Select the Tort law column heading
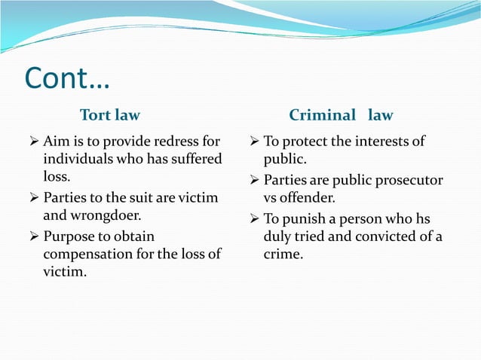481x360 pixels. point(110,115)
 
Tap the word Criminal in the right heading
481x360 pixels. point(322,115)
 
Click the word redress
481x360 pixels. point(179,141)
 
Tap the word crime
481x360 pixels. point(283,255)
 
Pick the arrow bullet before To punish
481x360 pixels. point(254,219)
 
